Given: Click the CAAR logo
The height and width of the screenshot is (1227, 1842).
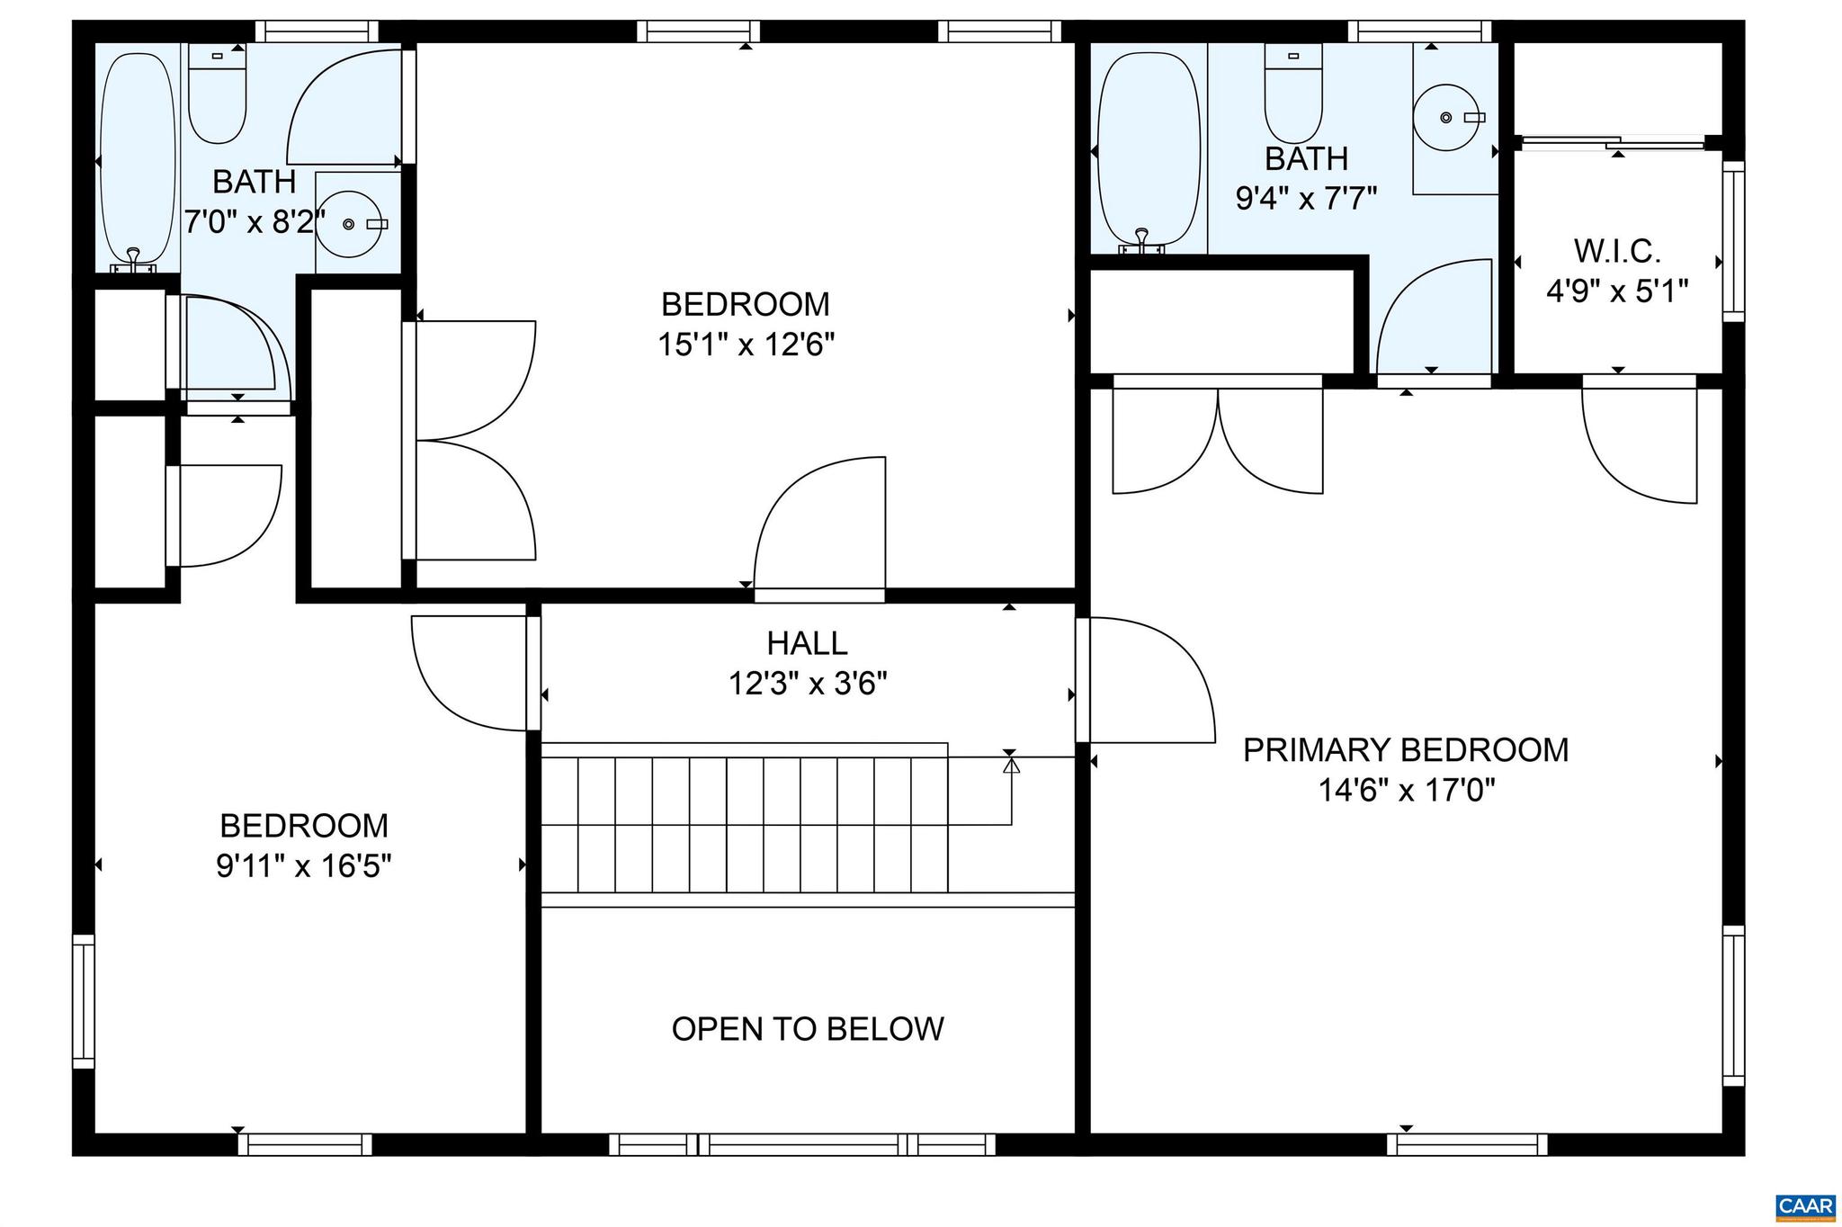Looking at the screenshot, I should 1806,1205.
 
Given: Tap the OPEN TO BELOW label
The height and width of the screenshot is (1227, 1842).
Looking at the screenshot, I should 808,1029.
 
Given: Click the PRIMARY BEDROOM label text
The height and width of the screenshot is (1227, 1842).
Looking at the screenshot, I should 1405,750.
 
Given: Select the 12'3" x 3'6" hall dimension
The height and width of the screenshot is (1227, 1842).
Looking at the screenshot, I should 808,685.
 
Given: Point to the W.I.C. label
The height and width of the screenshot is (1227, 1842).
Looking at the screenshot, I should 1616,250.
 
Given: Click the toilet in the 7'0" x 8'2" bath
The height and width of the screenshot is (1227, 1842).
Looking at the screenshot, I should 217,97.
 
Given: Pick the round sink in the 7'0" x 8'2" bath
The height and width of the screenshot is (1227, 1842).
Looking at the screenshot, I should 349,224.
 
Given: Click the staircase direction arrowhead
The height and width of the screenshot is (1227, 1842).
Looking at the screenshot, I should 1011,766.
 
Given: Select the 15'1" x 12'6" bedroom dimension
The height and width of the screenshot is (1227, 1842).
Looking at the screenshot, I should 746,345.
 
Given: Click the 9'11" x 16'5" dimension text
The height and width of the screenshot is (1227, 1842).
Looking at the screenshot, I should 303,866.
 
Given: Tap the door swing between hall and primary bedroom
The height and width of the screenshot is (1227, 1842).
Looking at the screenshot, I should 1147,680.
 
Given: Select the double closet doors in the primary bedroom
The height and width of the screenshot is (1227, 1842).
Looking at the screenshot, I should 1217,441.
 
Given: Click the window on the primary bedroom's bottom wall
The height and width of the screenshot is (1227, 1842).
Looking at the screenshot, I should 1466,1144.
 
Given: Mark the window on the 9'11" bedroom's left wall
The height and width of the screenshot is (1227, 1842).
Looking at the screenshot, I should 83,1000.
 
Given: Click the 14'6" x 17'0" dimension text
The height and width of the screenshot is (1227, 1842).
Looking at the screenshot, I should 1406,791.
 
